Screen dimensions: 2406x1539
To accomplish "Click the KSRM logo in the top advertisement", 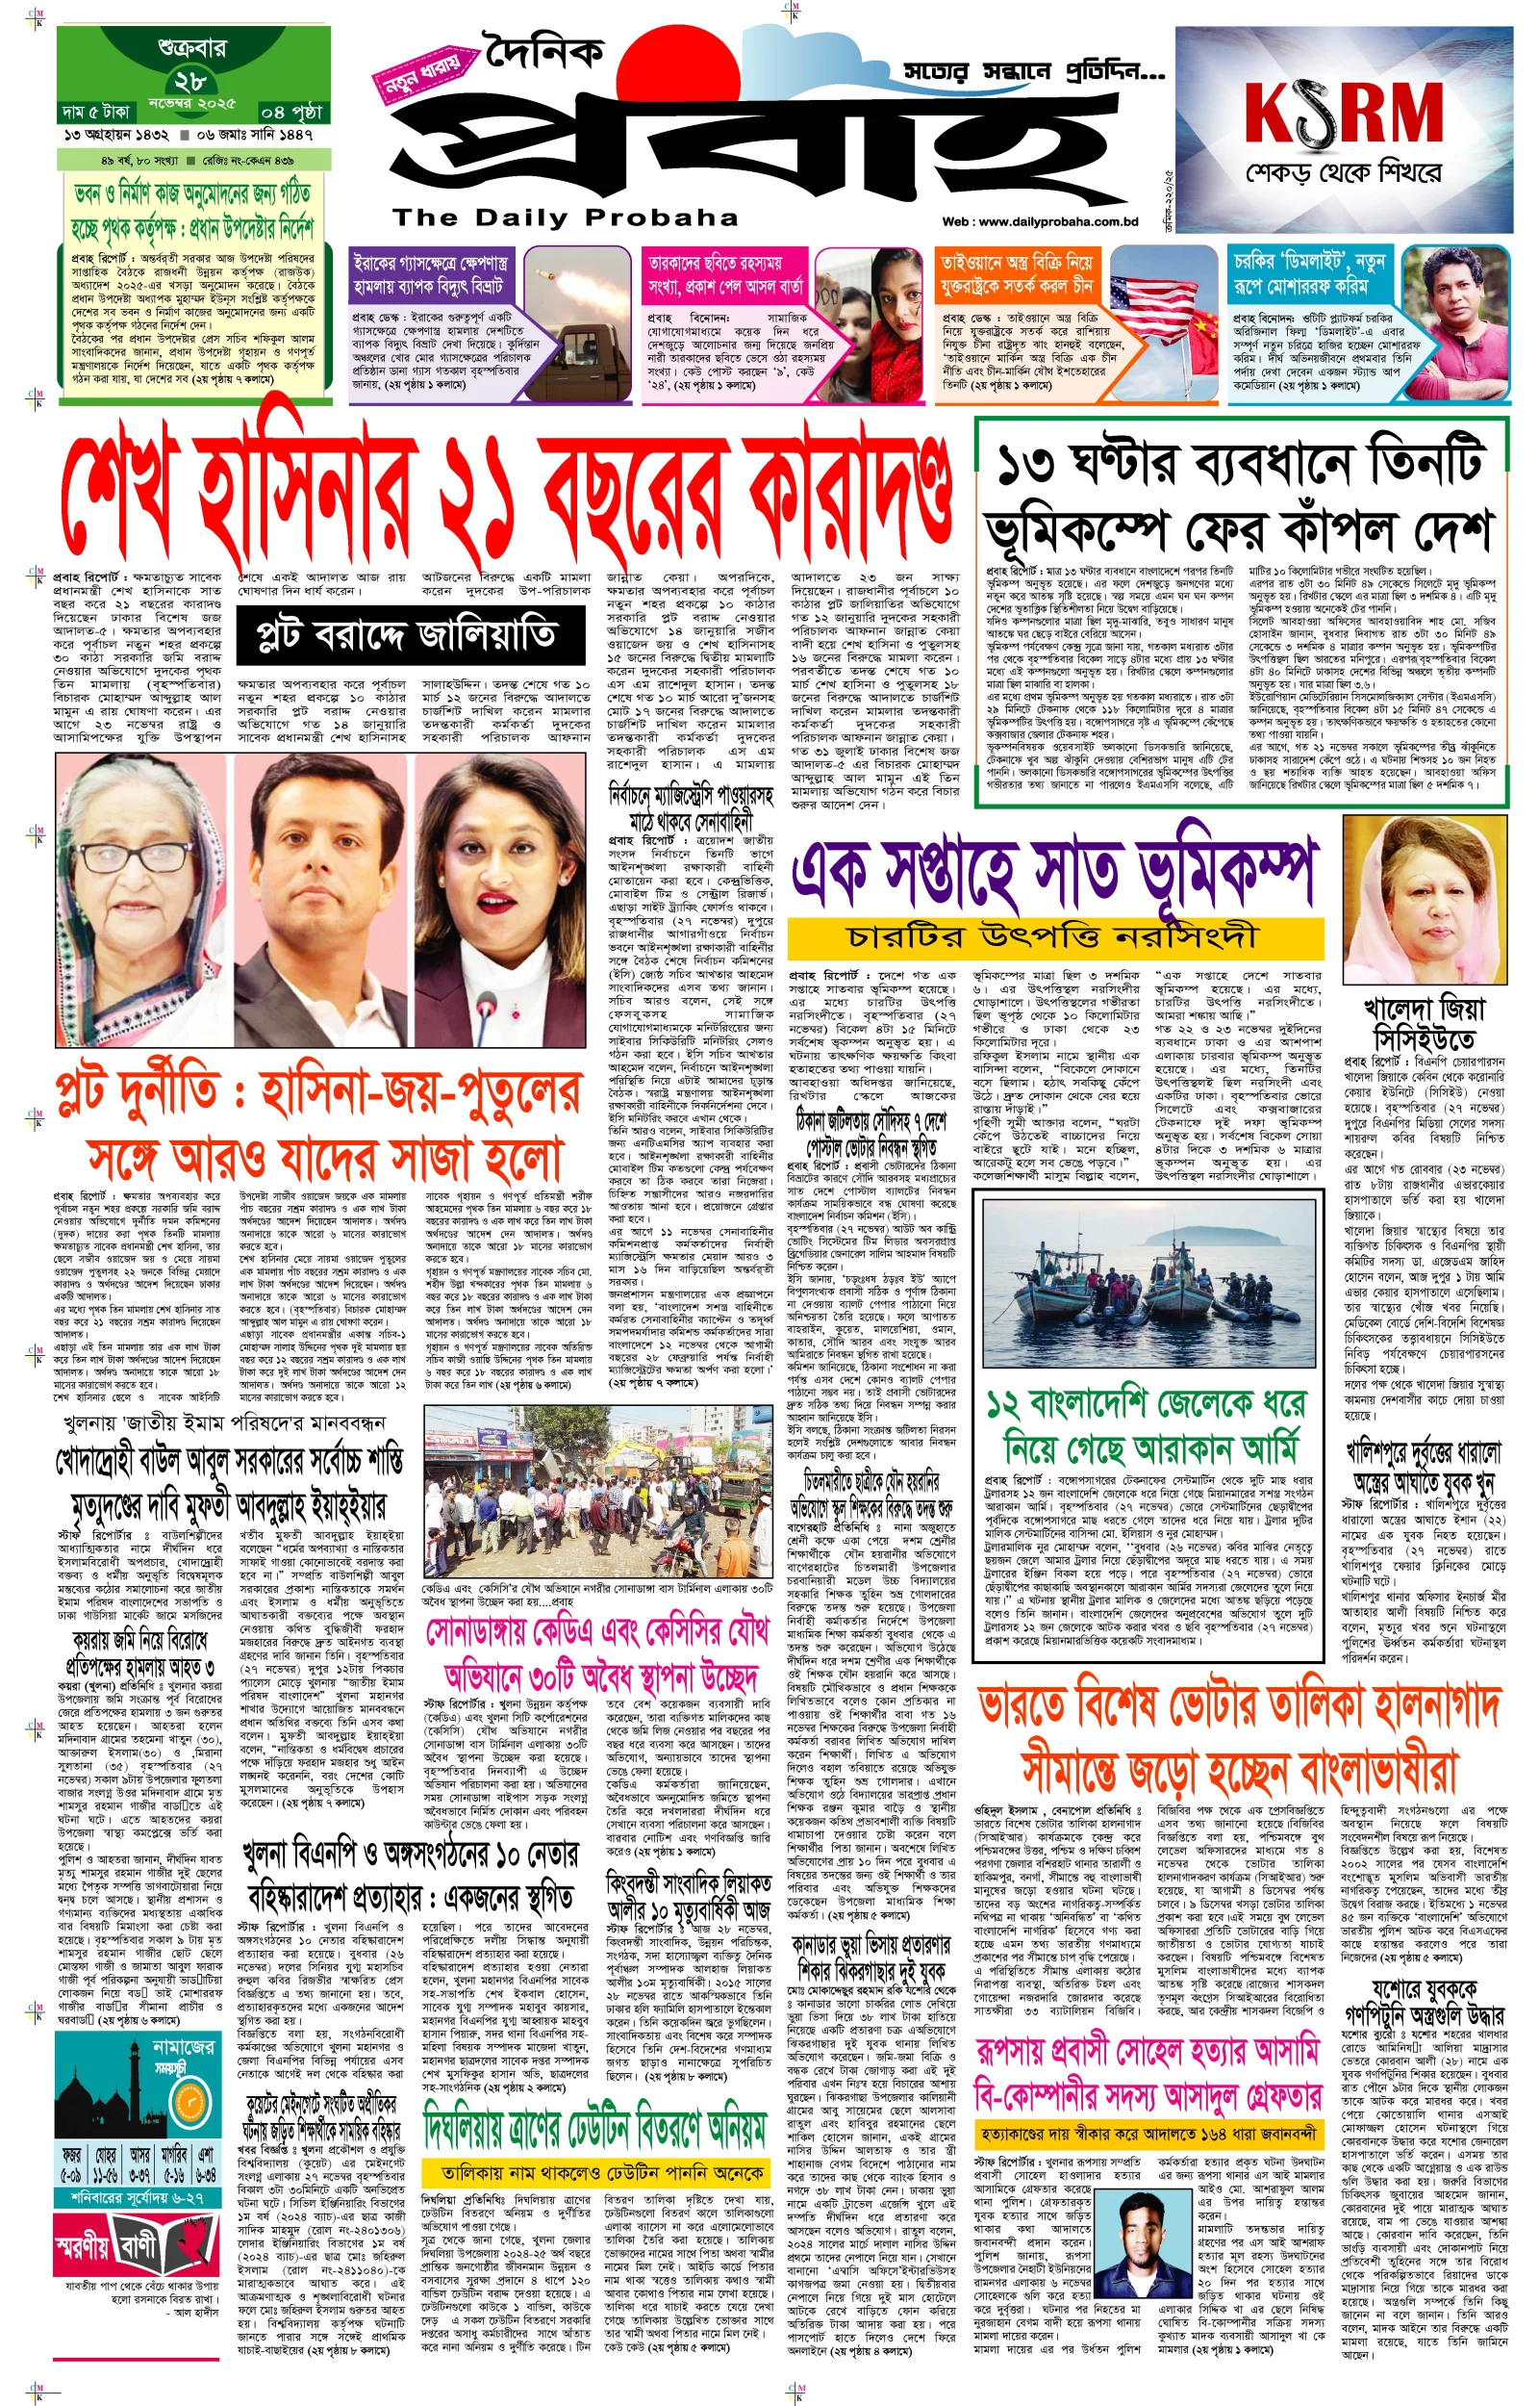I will pos(1344,114).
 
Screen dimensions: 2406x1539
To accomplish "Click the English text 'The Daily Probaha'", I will pos(565,218).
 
